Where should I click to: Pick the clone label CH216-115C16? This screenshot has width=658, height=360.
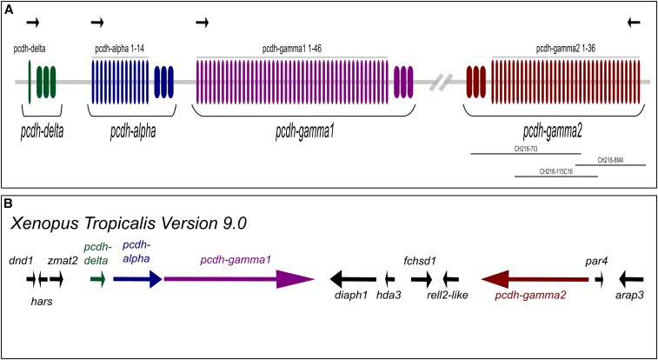556,171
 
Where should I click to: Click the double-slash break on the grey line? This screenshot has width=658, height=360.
444,83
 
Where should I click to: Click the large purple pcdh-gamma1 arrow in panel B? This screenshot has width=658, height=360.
238,279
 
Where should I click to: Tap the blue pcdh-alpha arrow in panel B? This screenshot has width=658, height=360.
137,279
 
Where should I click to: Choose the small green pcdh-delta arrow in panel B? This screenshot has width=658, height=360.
97,279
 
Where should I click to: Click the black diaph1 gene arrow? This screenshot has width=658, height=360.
352,279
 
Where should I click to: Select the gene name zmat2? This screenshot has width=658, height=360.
63,260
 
